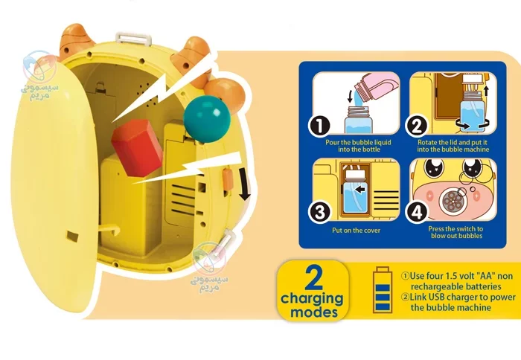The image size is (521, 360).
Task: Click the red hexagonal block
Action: [x=136, y=147]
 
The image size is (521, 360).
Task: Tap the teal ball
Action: [x=207, y=119]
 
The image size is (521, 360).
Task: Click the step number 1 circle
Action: [x=319, y=126]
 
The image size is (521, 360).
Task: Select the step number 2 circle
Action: [x=416, y=126]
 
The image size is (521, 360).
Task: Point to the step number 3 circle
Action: [x=319, y=212]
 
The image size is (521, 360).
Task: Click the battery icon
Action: [x=383, y=289]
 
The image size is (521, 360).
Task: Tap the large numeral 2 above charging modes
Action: [x=313, y=277]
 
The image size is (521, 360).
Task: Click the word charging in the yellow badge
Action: [x=312, y=299]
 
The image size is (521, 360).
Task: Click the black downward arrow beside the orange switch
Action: [x=245, y=184]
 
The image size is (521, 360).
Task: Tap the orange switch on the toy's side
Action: [x=227, y=179]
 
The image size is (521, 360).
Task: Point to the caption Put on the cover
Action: [x=356, y=230]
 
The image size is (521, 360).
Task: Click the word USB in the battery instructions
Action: [x=437, y=297]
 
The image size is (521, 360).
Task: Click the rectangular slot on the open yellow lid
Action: [x=73, y=236]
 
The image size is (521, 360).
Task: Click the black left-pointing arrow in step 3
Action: [x=359, y=190]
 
